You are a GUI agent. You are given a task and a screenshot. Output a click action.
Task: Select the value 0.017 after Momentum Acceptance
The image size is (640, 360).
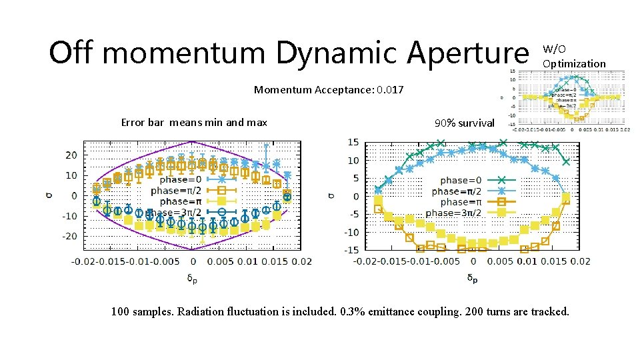(x=390, y=89)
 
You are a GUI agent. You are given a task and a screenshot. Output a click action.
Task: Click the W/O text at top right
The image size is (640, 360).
(x=554, y=49)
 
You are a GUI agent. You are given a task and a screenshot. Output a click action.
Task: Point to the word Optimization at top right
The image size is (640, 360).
(x=574, y=64)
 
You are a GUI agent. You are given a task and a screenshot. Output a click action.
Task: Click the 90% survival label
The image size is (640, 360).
(x=464, y=123)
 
